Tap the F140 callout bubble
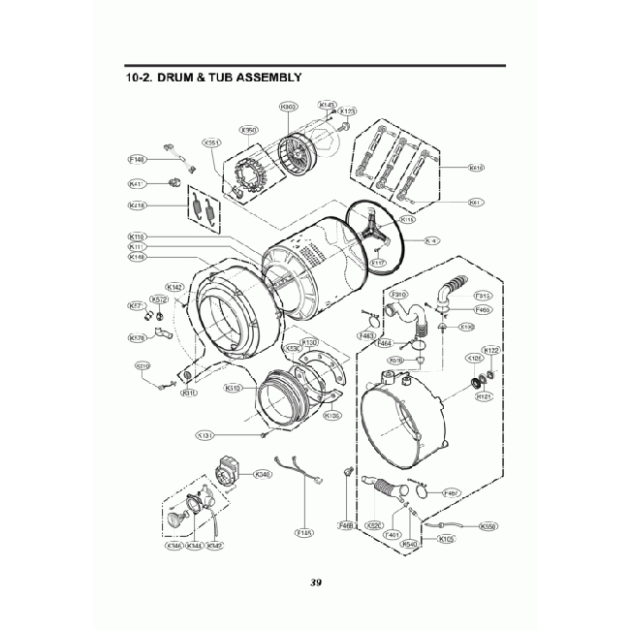[x=138, y=159]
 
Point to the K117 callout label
[x=378, y=262]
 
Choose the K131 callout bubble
[x=205, y=436]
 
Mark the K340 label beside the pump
[x=262, y=474]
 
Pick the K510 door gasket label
[x=233, y=388]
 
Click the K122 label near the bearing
[x=491, y=350]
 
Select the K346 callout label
[x=174, y=546]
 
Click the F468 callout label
[x=344, y=525]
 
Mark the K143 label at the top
[x=328, y=105]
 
